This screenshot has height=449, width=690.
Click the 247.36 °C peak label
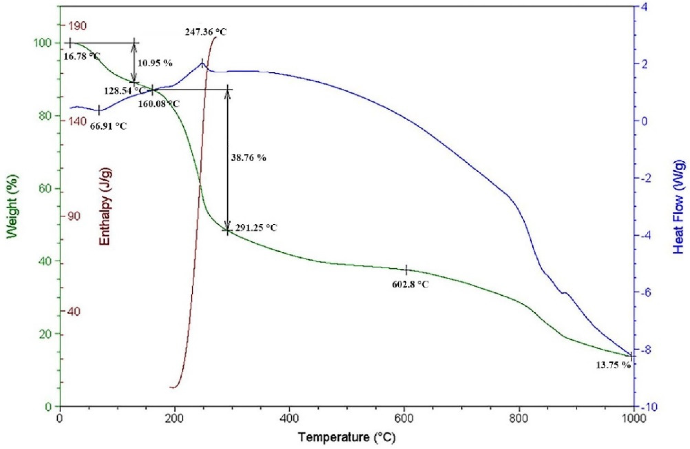206,31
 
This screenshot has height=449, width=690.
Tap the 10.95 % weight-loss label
155,63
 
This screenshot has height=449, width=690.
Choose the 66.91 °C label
108,126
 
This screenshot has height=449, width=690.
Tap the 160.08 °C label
159,104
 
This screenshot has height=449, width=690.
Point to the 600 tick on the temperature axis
404,419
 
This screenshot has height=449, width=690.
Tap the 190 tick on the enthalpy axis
77,26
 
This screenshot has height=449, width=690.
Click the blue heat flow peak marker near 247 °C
202,63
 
